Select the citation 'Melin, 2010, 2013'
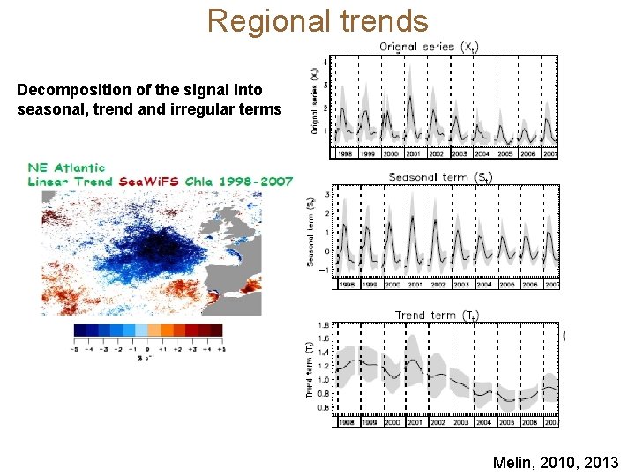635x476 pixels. (556, 462)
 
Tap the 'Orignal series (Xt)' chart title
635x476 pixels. (430, 47)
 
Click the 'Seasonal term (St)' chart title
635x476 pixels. (440, 177)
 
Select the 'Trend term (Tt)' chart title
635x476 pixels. (437, 315)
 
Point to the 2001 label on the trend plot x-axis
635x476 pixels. (415, 422)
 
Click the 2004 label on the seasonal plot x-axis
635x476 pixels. (483, 285)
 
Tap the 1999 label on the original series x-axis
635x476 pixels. (368, 153)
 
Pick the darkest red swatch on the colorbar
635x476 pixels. (213, 330)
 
